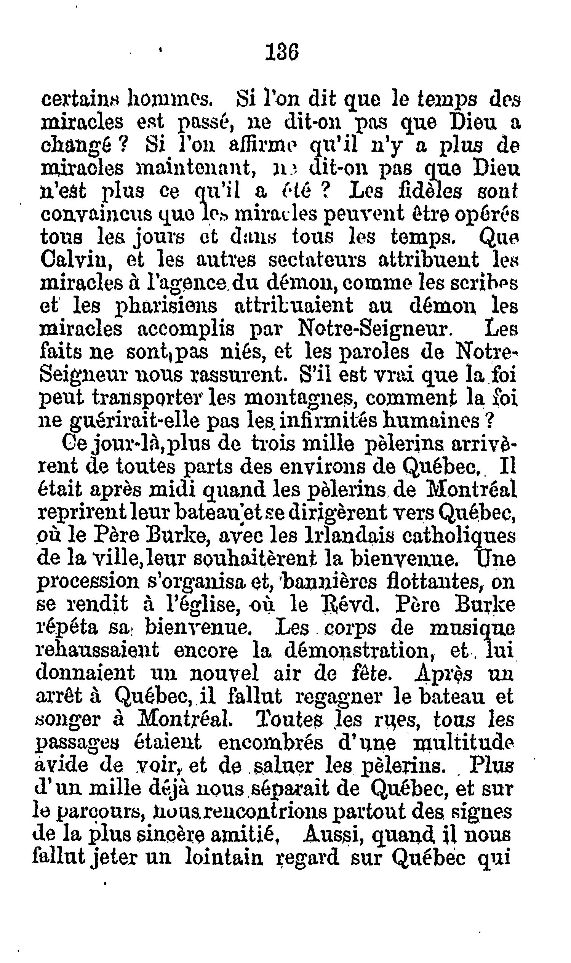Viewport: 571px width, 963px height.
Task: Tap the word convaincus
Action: (x=97, y=215)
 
